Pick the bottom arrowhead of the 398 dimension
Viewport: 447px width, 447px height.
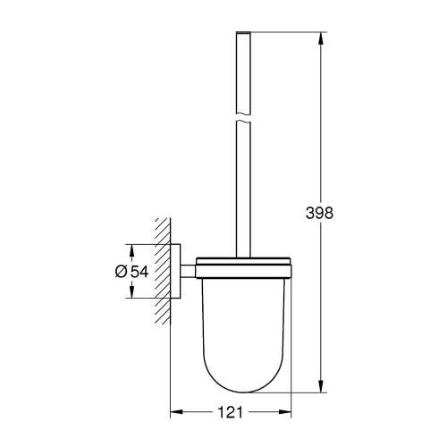321,387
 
